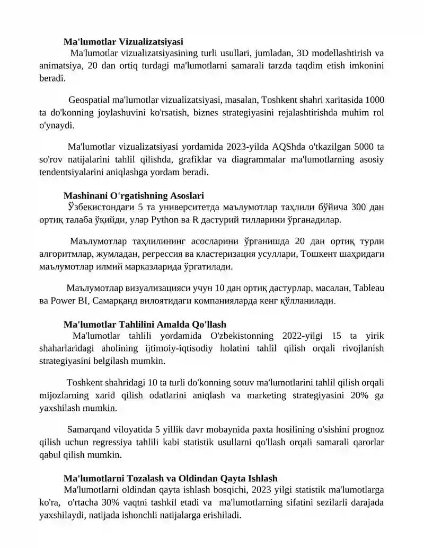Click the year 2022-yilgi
(302, 336)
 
